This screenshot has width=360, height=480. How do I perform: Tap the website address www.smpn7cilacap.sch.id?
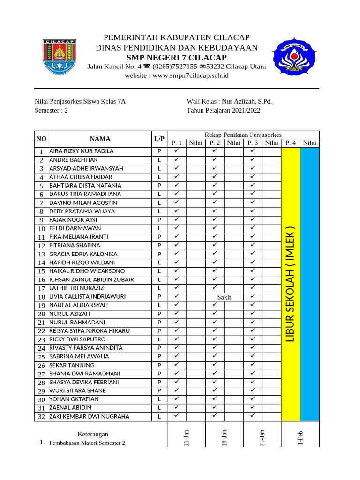(176, 75)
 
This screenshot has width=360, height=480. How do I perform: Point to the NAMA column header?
(100, 139)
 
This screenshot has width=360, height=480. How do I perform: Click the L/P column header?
(159, 139)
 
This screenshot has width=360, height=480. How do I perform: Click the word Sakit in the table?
(224, 297)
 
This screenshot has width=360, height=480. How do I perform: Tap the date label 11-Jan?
(186, 437)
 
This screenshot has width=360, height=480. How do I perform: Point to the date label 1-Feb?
(300, 438)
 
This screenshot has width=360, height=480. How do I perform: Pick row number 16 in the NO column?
(41, 280)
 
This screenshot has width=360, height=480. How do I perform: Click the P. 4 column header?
(291, 143)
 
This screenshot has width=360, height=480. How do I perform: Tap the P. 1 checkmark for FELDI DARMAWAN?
(177, 228)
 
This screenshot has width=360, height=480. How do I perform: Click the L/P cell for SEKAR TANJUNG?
(159, 365)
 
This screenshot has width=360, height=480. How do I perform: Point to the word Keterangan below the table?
(92, 434)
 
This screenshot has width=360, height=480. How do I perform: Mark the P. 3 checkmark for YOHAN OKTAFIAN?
(253, 399)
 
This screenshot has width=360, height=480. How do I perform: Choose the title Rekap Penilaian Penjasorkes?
(243, 135)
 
